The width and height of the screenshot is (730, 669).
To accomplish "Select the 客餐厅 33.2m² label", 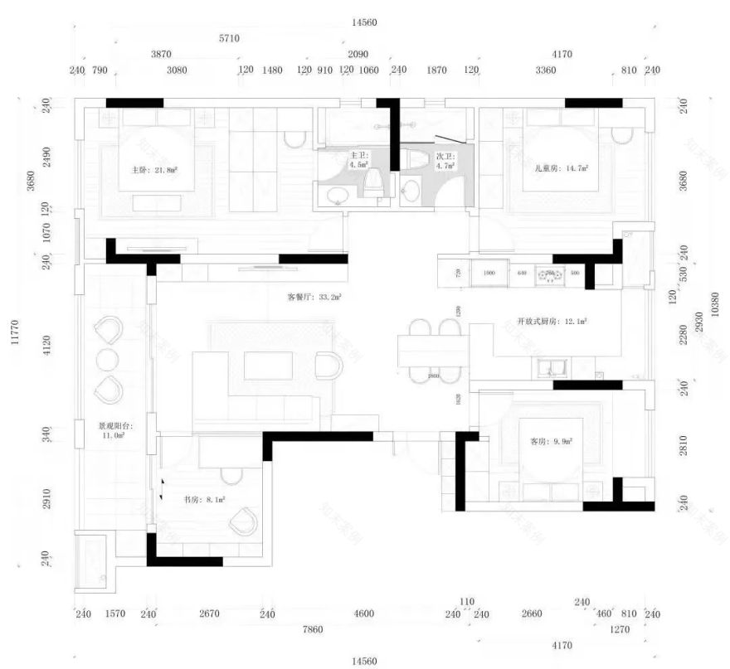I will pyautogui.click(x=315, y=295).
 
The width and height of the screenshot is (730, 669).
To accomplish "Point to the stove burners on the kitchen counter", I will pyautogui.click(x=549, y=273).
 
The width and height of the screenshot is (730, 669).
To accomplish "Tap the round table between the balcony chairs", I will pyautogui.click(x=109, y=360).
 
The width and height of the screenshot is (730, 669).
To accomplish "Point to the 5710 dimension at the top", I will pyautogui.click(x=229, y=38).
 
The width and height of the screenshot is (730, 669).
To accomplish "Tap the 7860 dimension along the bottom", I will pyautogui.click(x=313, y=629).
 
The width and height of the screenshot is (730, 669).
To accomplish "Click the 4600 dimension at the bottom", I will pyautogui.click(x=363, y=614).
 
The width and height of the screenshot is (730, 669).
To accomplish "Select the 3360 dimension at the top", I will pyautogui.click(x=545, y=70).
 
